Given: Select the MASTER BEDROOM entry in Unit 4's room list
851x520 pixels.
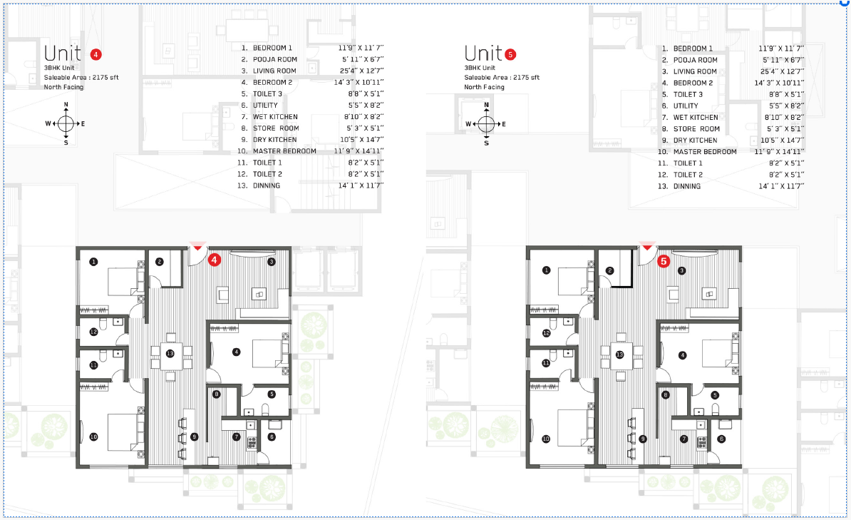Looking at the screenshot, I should tap(284, 151).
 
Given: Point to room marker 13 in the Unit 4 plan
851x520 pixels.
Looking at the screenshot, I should tap(170, 354).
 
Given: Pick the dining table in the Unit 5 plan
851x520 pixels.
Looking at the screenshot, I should tap(619, 355).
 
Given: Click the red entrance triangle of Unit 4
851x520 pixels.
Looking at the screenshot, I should tap(197, 246).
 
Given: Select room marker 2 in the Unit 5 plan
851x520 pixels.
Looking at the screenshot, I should tap(609, 270).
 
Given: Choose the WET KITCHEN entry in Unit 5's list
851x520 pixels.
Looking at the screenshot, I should tap(695, 117).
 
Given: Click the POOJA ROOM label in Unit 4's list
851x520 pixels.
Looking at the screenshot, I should tap(275, 60).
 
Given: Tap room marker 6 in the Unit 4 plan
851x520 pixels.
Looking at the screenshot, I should tap(272, 437).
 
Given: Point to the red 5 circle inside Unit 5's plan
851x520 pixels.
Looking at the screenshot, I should tap(663, 262).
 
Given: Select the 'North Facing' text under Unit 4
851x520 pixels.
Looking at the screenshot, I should tap(63, 87).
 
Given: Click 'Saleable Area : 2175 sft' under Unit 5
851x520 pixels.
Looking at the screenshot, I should tap(502, 77).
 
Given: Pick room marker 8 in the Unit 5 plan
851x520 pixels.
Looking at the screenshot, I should tap(665, 394).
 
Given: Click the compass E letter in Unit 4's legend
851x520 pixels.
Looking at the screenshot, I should tap(83, 123).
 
